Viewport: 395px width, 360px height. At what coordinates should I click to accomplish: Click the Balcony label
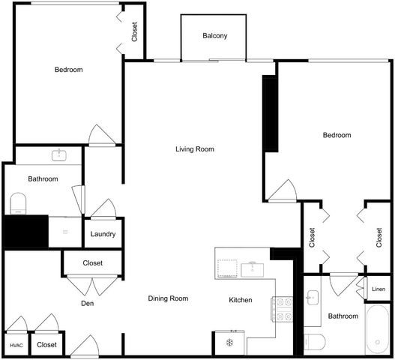click(x=214, y=36)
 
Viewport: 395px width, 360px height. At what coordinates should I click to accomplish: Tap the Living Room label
click(x=195, y=149)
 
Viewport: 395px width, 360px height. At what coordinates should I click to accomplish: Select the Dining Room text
click(x=168, y=298)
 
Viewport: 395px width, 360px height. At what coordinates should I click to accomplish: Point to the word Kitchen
click(x=241, y=300)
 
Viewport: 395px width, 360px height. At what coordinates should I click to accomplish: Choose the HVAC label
click(x=16, y=345)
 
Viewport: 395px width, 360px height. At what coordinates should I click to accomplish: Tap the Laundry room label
click(x=103, y=234)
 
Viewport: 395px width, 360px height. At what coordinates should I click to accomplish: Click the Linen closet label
click(x=379, y=289)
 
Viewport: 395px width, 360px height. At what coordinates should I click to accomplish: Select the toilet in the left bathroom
click(x=19, y=202)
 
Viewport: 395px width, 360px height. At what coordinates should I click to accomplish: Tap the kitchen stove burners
click(x=283, y=309)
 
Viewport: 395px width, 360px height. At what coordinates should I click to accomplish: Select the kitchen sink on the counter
click(x=253, y=267)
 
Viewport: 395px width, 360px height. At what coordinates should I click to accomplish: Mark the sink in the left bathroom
click(x=58, y=156)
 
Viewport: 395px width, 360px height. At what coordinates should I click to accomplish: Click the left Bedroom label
click(x=68, y=70)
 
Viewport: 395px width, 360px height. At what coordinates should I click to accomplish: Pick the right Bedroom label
click(x=337, y=135)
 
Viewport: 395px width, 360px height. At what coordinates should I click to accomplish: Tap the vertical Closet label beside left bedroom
click(x=135, y=31)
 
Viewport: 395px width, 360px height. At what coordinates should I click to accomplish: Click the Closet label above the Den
click(x=92, y=263)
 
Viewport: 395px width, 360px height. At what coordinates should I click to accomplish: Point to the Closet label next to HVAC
click(x=47, y=345)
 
